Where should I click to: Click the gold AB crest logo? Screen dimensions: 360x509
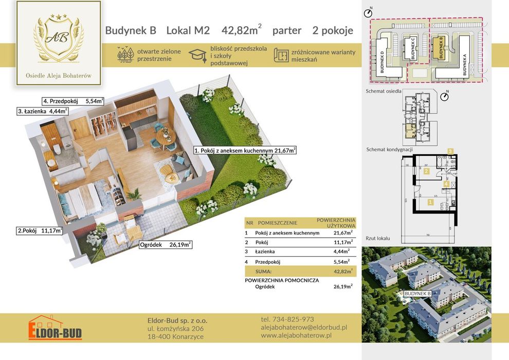pos(59,39)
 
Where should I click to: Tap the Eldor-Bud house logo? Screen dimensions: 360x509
pos(55,327)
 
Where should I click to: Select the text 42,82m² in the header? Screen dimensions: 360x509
pos(241,30)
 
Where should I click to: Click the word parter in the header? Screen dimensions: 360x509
pos(286,30)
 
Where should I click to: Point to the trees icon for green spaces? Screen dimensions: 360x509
pos(125,55)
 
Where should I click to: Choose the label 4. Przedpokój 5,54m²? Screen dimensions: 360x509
pos(73,101)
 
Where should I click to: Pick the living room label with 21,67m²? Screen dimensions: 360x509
pos(245,151)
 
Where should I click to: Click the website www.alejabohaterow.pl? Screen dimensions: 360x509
pos(296,335)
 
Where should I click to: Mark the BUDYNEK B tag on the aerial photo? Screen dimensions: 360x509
pos(417,294)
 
